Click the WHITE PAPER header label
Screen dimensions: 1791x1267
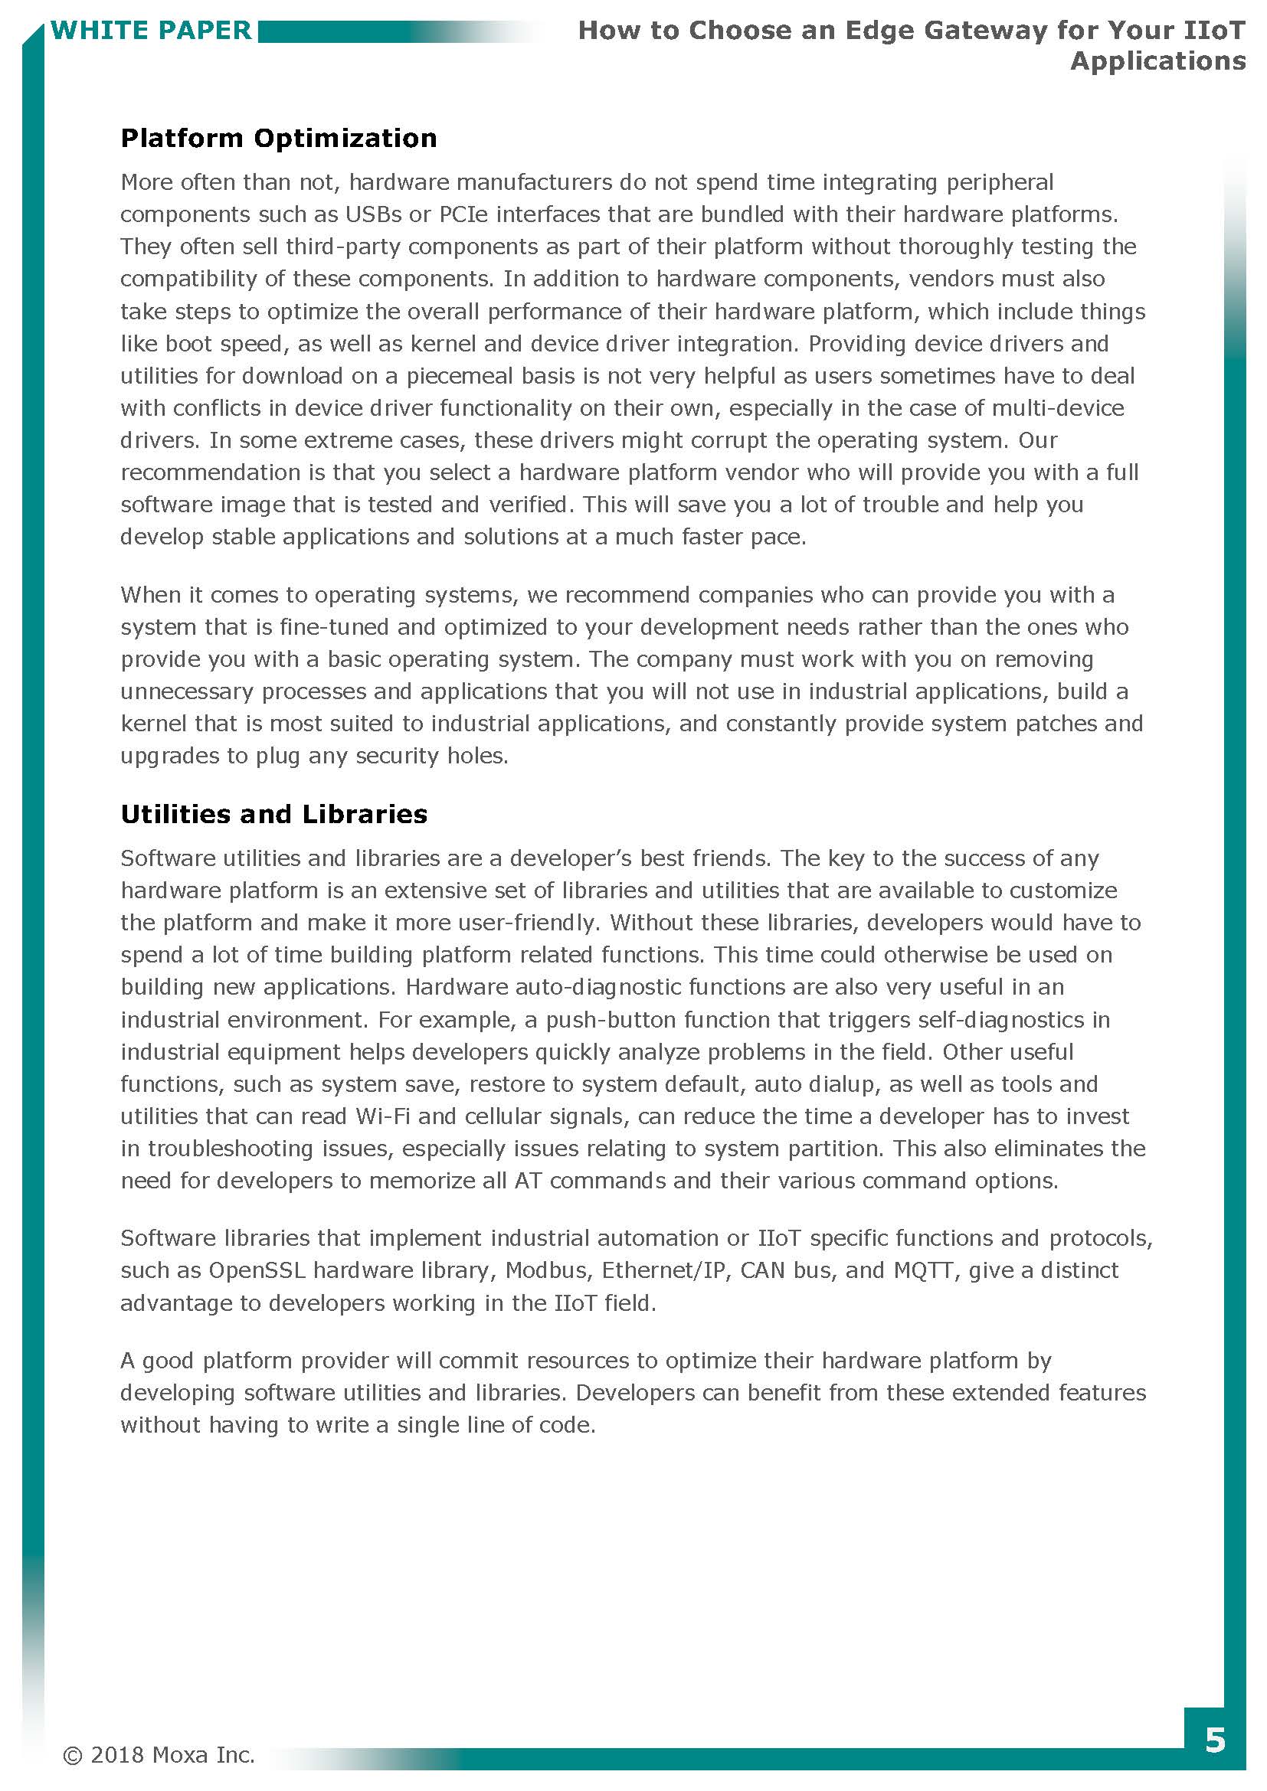[151, 31]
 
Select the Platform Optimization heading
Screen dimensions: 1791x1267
[279, 138]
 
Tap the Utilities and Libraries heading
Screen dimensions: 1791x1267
[273, 814]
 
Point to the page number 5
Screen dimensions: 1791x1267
[1215, 1740]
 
